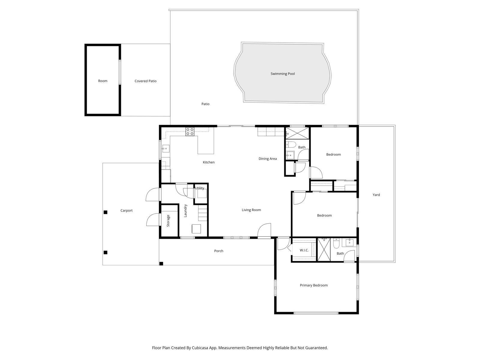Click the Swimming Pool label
283,74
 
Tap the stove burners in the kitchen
190,132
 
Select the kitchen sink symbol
166,148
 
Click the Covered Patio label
145,81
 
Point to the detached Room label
103,81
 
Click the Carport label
126,211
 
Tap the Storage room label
168,220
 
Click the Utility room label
199,188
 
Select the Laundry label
185,211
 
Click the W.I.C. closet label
304,250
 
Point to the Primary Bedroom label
313,285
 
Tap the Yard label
376,195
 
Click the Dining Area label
268,159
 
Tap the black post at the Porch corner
161,264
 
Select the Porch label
219,251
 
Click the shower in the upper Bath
297,133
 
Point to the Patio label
205,104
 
